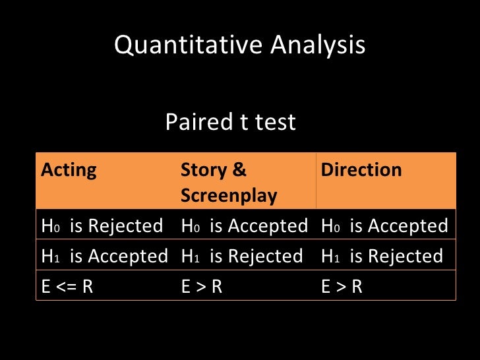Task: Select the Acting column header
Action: pyautogui.click(x=69, y=170)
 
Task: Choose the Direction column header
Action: pyautogui.click(x=361, y=170)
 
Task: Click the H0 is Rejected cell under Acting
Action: pyautogui.click(x=102, y=226)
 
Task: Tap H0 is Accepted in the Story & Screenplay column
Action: pyautogui.click(x=244, y=226)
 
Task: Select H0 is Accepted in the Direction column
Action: pyautogui.click(x=384, y=226)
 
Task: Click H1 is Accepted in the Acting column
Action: pyautogui.click(x=104, y=256)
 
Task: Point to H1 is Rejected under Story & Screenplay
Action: pyautogui.click(x=242, y=256)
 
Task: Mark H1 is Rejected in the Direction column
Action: pyautogui.click(x=382, y=256)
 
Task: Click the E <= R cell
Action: pyautogui.click(x=67, y=286)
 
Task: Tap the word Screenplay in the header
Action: pyautogui.click(x=229, y=196)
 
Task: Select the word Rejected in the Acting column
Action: pyautogui.click(x=125, y=226)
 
